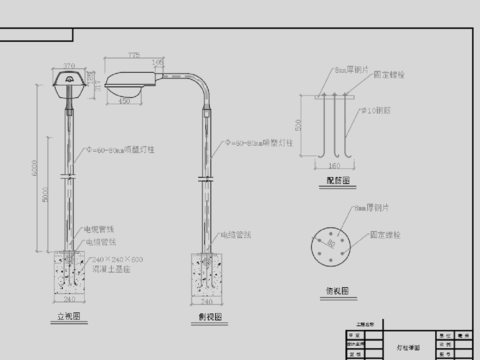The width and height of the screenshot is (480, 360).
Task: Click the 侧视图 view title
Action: point(210,315)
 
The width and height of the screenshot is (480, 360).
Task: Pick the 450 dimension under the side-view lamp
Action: point(125,101)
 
